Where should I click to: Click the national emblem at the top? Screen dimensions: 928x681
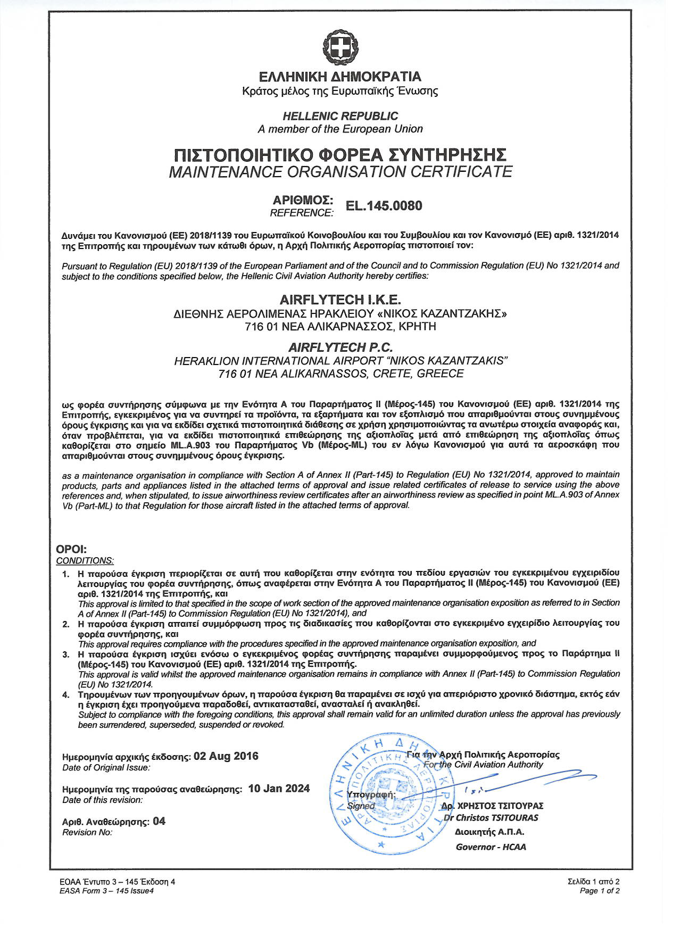point(340,48)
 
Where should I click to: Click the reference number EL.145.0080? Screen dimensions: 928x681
point(384,206)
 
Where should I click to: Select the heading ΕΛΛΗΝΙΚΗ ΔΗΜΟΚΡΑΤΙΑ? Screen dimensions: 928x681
point(340,77)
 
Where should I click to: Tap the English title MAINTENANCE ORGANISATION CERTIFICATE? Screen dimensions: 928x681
point(340,172)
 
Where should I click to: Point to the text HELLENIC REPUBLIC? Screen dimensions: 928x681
point(340,116)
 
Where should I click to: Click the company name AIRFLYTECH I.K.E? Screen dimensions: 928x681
point(340,300)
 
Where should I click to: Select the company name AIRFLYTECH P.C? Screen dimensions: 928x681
point(340,347)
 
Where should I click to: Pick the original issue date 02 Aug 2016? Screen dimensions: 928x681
point(226,756)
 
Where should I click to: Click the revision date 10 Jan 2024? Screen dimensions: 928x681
point(279,789)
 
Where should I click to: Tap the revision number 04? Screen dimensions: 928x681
point(159,821)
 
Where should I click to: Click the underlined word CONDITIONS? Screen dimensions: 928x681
point(85,561)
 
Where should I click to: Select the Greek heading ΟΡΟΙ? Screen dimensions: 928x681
point(71,549)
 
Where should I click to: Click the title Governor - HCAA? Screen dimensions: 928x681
point(491,847)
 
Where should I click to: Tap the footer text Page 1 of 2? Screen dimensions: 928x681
point(600,891)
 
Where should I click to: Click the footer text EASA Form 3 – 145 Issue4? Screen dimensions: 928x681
point(106,891)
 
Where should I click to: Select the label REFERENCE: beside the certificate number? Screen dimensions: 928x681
point(302,213)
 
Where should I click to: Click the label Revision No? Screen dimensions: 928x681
point(87,832)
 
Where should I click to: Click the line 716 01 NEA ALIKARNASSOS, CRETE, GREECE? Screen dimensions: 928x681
point(340,374)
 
